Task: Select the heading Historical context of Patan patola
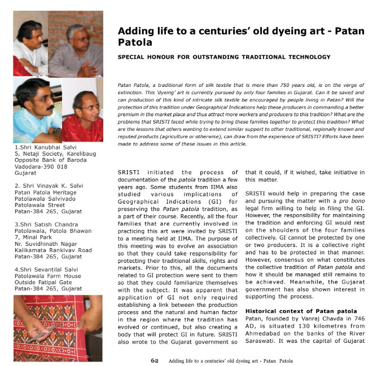301,311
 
